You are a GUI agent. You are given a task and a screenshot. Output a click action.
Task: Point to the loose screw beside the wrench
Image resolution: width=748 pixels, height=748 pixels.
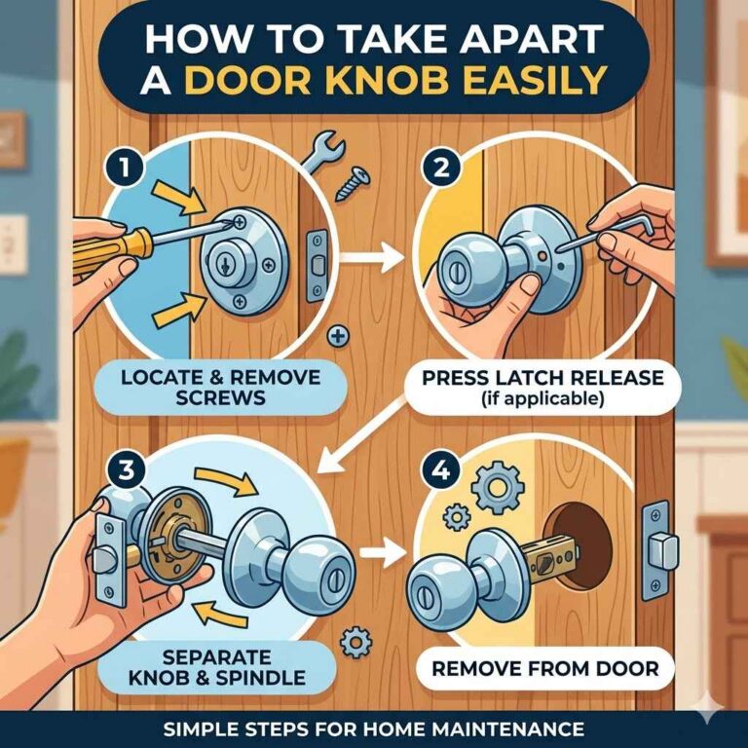click(x=353, y=182)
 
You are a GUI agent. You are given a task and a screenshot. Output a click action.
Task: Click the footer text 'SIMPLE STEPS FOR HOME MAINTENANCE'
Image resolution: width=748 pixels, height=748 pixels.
click(x=374, y=729)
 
